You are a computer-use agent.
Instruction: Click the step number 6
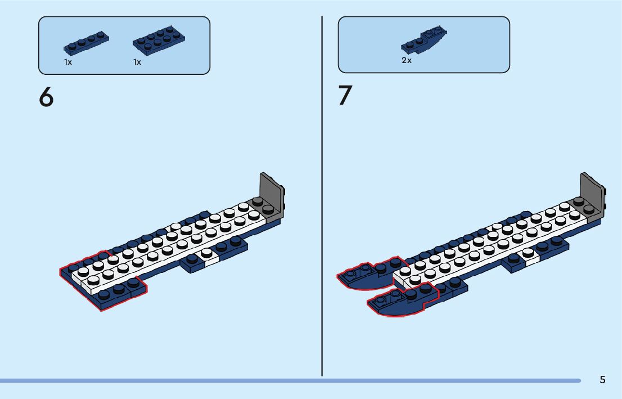pyautogui.click(x=46, y=97)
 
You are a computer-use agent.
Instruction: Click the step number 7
pyautogui.click(x=345, y=96)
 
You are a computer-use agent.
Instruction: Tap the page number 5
pyautogui.click(x=602, y=380)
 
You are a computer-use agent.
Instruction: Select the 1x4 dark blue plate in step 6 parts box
pyautogui.click(x=86, y=43)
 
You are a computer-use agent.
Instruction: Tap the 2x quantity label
pyautogui.click(x=407, y=60)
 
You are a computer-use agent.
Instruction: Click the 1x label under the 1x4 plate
pyautogui.click(x=68, y=62)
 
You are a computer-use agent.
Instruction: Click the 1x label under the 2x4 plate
pyautogui.click(x=137, y=62)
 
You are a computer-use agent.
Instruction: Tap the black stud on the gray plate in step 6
pyautogui.click(x=258, y=201)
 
